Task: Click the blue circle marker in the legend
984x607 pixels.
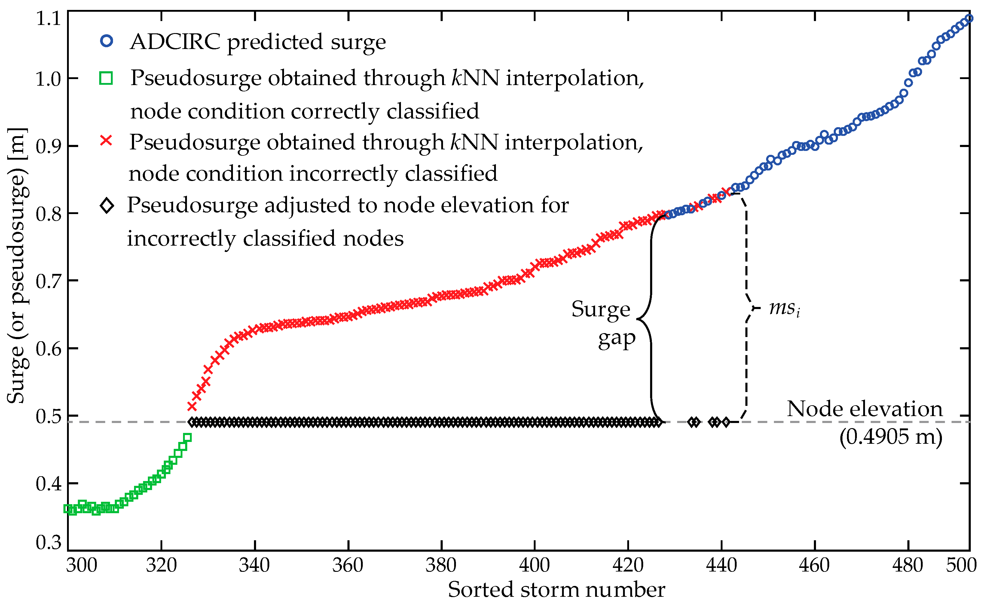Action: click(106, 41)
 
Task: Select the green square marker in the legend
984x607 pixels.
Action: click(106, 78)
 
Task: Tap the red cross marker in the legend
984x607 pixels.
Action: click(106, 140)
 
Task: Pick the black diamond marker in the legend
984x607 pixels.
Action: click(107, 206)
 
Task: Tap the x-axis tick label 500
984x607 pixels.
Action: click(961, 565)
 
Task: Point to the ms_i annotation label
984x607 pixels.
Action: click(784, 308)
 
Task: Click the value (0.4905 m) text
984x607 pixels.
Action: click(891, 436)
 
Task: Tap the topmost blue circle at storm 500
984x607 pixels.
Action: click(968, 18)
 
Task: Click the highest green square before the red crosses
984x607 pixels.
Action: click(187, 437)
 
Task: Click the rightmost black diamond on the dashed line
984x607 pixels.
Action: click(726, 422)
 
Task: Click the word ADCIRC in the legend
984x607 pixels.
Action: click(175, 41)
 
